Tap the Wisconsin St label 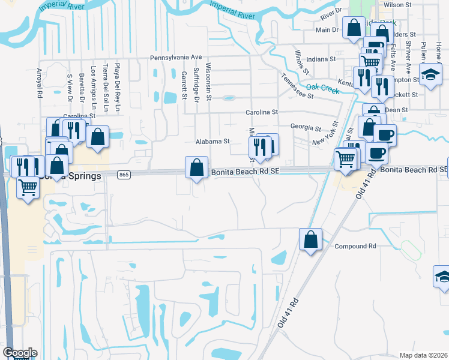coord(209,81)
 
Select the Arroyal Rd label coord(39,83)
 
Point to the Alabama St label coord(212,142)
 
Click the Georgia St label coord(306,127)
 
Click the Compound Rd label coord(355,246)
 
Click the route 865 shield coord(124,175)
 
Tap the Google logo coord(20,353)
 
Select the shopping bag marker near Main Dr coord(354,28)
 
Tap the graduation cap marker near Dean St coord(430,76)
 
